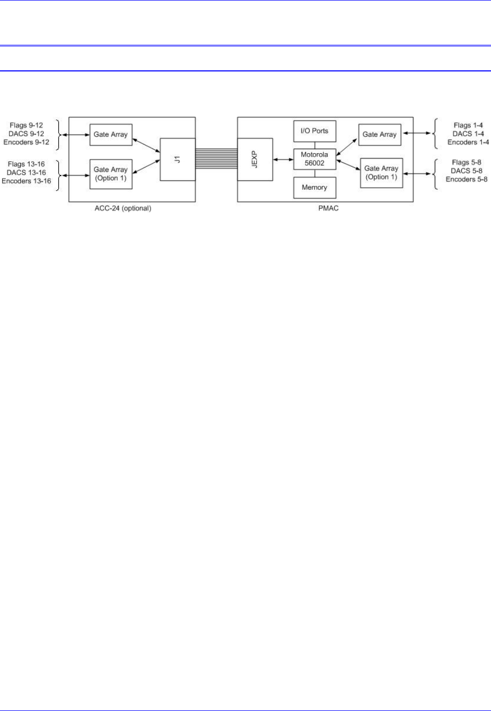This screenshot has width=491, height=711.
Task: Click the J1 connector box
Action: (x=177, y=160)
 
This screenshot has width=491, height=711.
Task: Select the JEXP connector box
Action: (x=255, y=160)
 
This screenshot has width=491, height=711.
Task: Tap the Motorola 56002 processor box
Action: (x=314, y=159)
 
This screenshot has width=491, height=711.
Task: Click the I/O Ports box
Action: (x=314, y=131)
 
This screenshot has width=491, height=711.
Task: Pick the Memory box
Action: (x=314, y=188)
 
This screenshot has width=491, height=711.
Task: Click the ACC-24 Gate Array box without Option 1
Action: (x=111, y=134)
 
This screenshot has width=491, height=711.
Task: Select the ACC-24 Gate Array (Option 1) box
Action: (x=111, y=174)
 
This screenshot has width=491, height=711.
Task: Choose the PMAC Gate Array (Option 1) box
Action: (x=381, y=173)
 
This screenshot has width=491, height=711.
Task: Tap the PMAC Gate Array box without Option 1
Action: (x=379, y=134)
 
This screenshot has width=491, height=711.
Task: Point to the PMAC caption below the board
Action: (x=325, y=209)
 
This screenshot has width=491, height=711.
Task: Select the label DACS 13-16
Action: (x=26, y=173)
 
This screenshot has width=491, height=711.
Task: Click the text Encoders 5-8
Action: (x=467, y=179)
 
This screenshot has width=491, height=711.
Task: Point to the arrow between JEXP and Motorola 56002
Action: (x=283, y=160)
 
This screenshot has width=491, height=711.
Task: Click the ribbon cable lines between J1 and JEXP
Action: (x=216, y=160)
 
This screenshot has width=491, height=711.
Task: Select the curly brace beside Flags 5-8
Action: (x=434, y=171)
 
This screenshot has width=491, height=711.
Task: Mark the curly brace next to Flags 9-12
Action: (x=58, y=134)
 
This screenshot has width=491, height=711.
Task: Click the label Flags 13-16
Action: (x=26, y=164)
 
